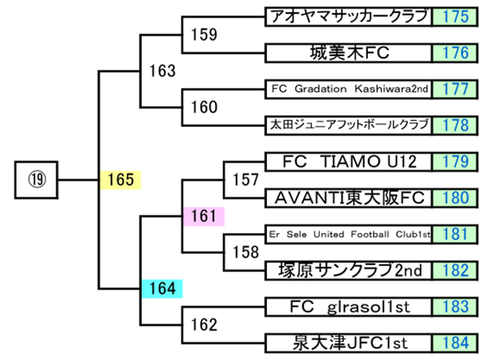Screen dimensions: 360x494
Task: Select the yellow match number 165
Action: point(120,179)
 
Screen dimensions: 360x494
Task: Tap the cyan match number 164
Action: point(161,288)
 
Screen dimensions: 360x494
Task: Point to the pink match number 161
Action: point(203,216)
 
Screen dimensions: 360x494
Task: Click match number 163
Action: point(162,71)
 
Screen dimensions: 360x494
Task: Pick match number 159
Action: point(203,35)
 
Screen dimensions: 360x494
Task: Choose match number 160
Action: point(203,107)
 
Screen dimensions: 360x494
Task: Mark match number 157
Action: point(246,179)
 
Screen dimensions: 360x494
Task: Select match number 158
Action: point(246,252)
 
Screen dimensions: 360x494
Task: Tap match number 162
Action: point(203,325)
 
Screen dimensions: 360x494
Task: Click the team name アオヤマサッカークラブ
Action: point(349,16)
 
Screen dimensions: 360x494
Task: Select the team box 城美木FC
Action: point(349,53)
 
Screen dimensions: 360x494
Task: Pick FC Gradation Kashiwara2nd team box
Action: point(349,88)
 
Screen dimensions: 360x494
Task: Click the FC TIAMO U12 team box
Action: point(349,161)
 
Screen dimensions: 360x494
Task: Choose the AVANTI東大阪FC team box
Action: point(349,197)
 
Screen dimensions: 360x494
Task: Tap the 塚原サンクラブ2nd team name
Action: point(349,270)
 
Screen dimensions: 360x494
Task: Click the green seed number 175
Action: point(455,16)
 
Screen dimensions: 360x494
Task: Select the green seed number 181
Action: point(455,234)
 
